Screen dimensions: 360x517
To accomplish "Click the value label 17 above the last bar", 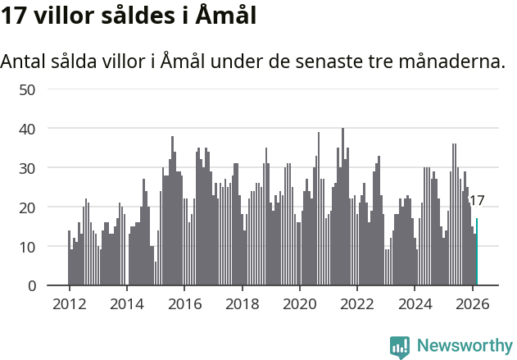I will tap(476, 201).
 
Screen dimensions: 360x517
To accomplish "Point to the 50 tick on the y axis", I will tap(26, 89).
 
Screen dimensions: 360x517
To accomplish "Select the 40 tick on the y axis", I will tap(26, 129).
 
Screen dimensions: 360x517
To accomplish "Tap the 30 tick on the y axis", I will tap(26, 168).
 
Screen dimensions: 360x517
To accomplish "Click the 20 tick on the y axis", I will tap(26, 207).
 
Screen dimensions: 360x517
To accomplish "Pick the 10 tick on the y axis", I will tap(26, 247).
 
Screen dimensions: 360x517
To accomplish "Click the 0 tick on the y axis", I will tap(31, 286).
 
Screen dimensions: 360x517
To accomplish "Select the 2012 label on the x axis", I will tap(69, 303).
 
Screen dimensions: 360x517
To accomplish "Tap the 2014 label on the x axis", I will tap(126, 303).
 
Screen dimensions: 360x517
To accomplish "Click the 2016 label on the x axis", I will tap(184, 303).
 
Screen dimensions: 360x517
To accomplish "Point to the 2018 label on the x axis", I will tap(242, 303).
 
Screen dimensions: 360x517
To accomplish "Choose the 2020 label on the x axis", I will tap(299, 303).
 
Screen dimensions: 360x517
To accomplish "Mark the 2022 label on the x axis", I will tap(357, 303).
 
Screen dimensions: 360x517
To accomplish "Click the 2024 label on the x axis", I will tap(415, 303).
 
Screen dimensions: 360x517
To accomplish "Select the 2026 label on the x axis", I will tap(472, 303).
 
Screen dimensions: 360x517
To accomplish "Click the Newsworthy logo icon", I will tap(400, 347).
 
